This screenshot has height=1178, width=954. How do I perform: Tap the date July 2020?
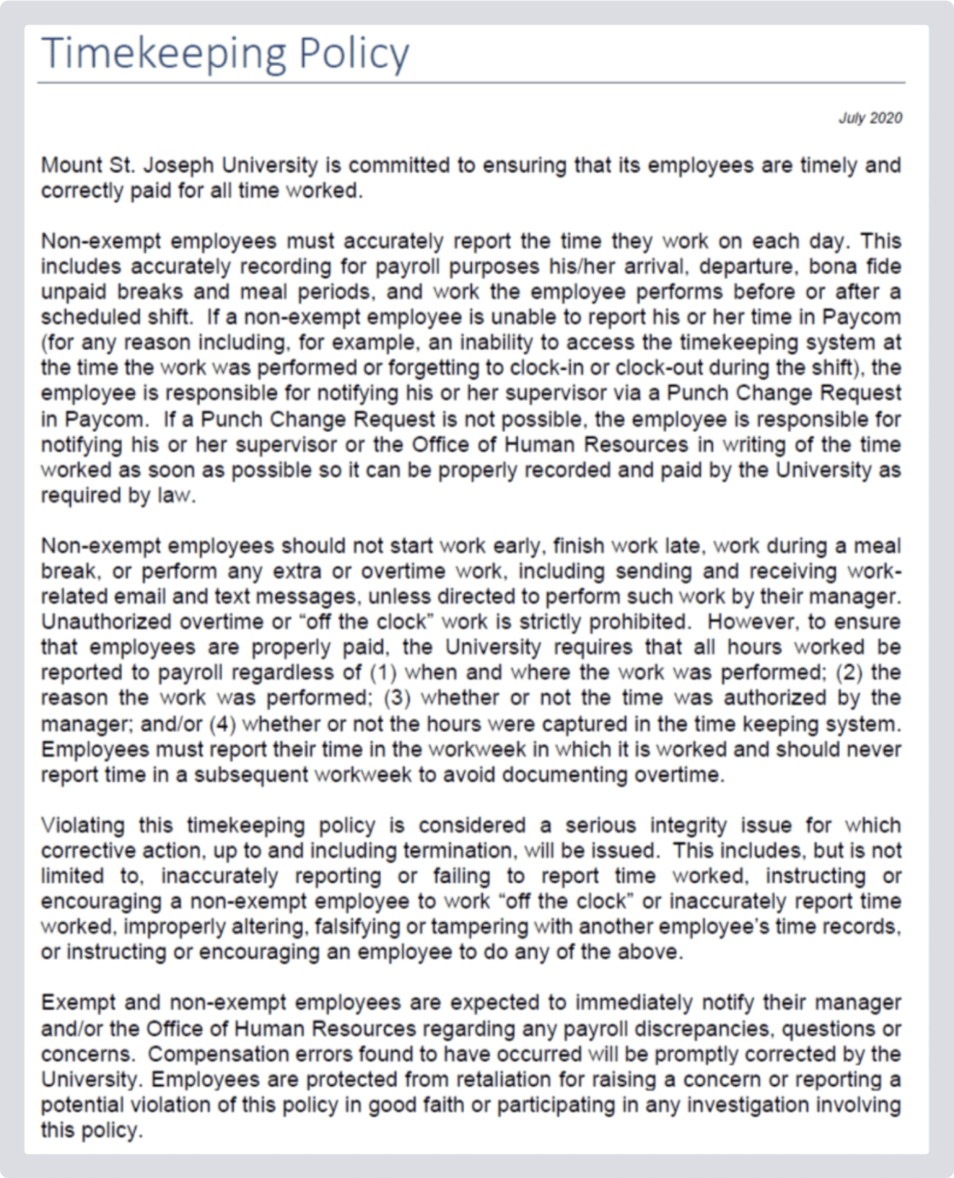(x=870, y=118)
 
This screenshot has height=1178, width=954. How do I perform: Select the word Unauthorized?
(x=106, y=622)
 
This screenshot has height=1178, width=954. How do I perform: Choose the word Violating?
(x=83, y=825)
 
